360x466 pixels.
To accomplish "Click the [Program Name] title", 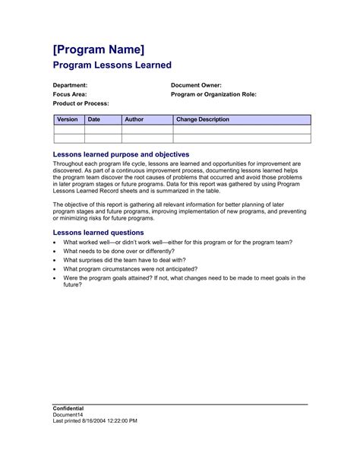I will click(x=99, y=49).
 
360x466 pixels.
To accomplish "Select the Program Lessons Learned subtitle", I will click(x=112, y=66).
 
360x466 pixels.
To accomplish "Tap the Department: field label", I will click(x=70, y=85).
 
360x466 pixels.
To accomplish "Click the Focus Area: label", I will click(x=69, y=94).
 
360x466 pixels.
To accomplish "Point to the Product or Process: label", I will click(x=81, y=103).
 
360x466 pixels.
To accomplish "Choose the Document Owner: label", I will click(x=196, y=85).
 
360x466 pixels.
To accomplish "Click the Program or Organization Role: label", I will click(x=213, y=94).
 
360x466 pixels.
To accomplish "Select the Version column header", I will click(x=68, y=119).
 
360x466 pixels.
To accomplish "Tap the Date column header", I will click(x=94, y=119).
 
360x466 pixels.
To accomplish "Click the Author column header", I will click(x=134, y=119).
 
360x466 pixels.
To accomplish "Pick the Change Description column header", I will click(x=203, y=119).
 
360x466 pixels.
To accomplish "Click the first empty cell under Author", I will click(x=147, y=129).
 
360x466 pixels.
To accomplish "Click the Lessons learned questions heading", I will click(x=98, y=232).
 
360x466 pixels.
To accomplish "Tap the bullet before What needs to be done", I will click(x=55, y=251).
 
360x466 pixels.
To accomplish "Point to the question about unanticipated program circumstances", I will click(x=130, y=269).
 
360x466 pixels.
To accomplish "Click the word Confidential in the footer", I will click(x=68, y=408).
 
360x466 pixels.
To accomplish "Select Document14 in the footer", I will click(x=68, y=414).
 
